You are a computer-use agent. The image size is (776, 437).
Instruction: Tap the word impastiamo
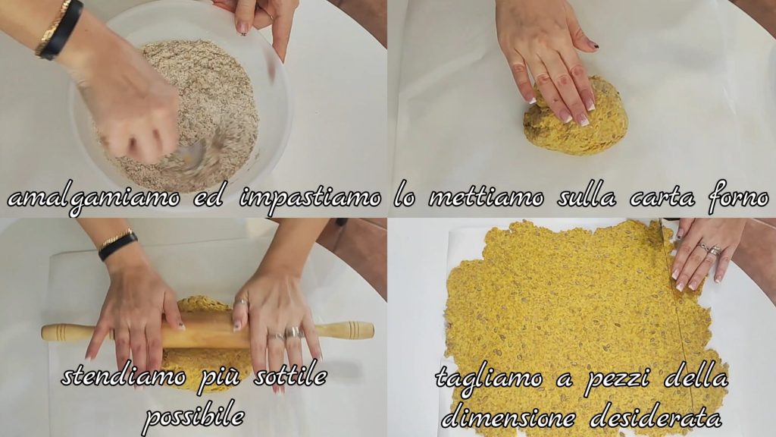point(310,199)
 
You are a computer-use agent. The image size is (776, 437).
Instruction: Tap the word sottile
point(289,376)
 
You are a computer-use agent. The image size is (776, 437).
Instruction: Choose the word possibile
point(193,417)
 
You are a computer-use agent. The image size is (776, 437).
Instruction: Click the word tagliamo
point(489,379)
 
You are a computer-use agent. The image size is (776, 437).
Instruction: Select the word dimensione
point(508,417)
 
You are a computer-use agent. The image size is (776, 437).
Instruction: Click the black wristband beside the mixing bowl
point(61,30)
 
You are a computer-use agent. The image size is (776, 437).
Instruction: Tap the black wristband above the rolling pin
point(117,247)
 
